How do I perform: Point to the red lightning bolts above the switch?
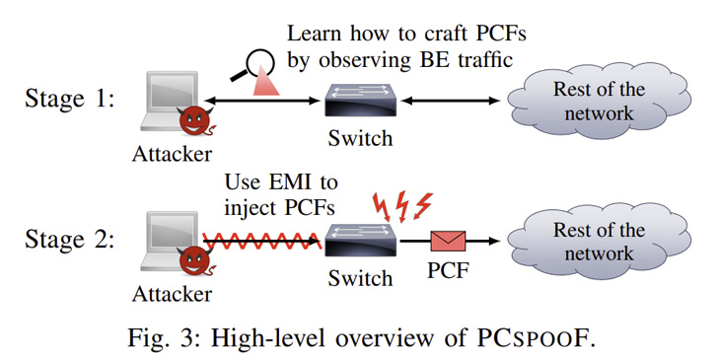tap(400, 206)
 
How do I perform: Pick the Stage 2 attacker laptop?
tap(169, 238)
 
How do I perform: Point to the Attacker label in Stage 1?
tap(172, 154)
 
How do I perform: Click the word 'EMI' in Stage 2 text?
tap(292, 183)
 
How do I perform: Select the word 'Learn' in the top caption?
tap(314, 33)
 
